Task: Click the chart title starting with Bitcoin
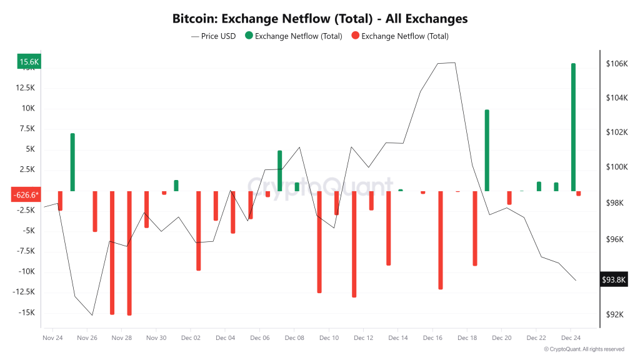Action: (320, 19)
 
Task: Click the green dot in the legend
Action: (249, 36)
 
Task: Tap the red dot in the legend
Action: (355, 36)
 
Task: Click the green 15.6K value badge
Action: (29, 62)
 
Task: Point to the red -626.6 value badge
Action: (25, 194)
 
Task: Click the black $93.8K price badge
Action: (613, 279)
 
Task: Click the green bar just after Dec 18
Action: (487, 150)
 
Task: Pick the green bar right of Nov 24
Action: (72, 162)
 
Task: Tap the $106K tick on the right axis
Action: (616, 64)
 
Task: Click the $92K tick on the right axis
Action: (615, 314)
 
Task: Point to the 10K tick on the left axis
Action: (29, 108)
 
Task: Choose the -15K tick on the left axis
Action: (26, 312)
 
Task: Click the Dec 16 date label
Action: (432, 337)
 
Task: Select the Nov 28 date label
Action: (121, 337)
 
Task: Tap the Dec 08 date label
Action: (294, 337)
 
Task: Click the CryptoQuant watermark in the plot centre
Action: (320, 186)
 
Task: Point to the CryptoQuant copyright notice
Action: (584, 349)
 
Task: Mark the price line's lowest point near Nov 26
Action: (92, 315)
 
